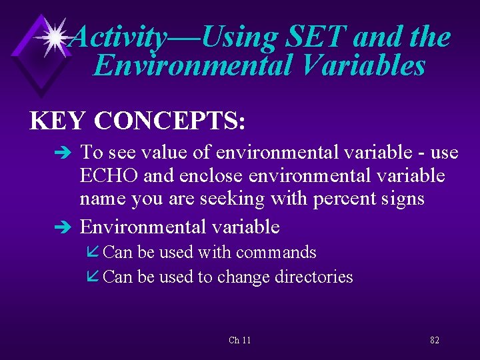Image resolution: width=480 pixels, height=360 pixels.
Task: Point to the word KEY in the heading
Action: [x=57, y=121]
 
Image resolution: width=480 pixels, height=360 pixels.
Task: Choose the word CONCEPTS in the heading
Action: [x=170, y=121]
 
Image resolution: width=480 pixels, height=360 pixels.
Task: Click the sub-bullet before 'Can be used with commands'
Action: [x=94, y=253]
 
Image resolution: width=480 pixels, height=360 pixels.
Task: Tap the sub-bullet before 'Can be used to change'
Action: [x=94, y=277]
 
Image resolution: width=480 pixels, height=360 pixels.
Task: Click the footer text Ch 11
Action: [x=239, y=340]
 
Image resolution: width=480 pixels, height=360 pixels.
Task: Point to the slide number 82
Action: [x=434, y=340]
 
